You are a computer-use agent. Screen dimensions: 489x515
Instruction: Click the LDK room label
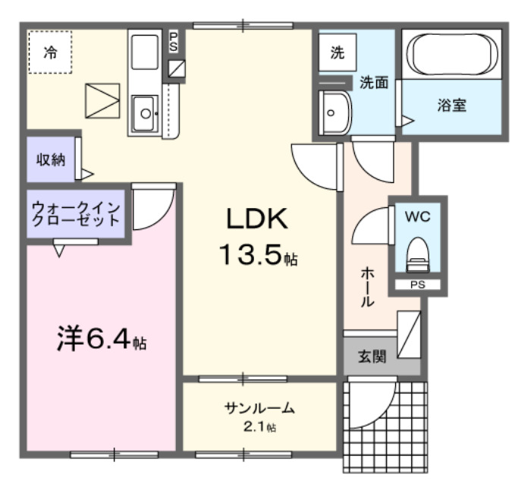(x=256, y=219)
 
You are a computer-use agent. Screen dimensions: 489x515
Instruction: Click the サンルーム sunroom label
(x=259, y=409)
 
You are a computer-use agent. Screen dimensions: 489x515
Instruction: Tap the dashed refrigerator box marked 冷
(x=50, y=52)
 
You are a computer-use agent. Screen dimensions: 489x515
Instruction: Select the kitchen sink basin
(x=143, y=115)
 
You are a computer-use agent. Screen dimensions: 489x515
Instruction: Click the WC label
(x=417, y=216)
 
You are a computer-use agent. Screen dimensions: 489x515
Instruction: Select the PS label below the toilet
(x=417, y=286)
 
